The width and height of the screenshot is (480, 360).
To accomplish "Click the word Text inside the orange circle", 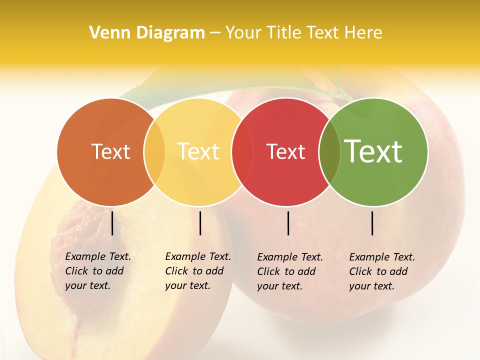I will click(x=110, y=152).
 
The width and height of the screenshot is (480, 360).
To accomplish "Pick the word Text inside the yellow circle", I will click(x=198, y=152).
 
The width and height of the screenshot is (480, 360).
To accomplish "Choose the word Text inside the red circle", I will click(x=285, y=152).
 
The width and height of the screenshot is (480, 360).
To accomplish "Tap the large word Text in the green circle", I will click(x=373, y=151).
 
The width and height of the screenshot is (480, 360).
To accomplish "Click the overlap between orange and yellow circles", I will click(x=154, y=152).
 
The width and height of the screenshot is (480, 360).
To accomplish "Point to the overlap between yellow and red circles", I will click(x=242, y=152).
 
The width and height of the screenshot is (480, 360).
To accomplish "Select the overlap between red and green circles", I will click(x=329, y=152).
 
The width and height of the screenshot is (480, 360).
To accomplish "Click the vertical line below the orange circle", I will click(x=112, y=223).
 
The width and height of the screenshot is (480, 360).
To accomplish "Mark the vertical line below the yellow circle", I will click(x=200, y=223).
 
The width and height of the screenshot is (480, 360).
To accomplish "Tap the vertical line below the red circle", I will click(x=288, y=223).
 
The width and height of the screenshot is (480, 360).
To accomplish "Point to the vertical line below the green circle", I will click(x=372, y=223).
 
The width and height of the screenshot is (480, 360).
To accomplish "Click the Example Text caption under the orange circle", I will click(x=97, y=271).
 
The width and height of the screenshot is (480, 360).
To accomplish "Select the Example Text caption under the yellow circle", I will click(x=197, y=271).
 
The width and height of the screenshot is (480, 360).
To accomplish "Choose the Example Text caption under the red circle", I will click(x=289, y=271).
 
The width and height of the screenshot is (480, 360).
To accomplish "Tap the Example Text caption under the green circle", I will click(x=381, y=271).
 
